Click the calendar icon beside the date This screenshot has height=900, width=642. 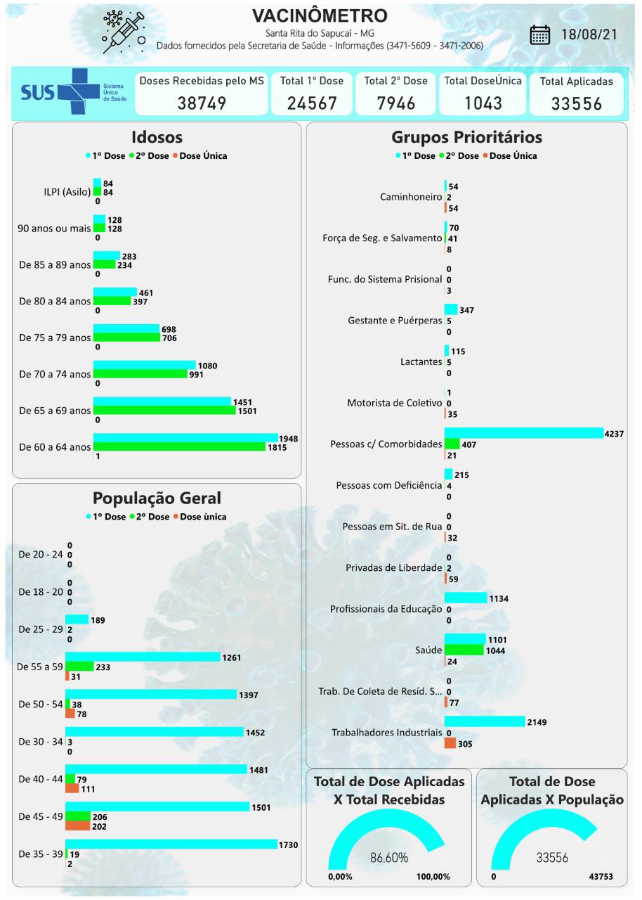539,34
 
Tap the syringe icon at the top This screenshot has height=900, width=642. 125,32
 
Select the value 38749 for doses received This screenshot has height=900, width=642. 202,103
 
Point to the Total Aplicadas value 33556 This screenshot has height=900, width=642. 577,104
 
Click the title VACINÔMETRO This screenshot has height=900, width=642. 320,15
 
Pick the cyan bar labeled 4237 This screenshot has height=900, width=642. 523,432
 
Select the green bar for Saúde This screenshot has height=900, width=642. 464,650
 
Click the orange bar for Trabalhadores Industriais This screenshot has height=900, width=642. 450,743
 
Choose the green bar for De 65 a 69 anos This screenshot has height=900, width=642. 164,410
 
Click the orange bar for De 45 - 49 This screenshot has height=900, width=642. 77,826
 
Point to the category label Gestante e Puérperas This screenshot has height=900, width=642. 395,321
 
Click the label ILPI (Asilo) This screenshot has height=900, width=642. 67,192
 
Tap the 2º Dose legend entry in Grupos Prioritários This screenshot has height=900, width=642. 459,156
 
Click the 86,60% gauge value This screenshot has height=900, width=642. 388,858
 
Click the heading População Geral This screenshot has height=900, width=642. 157,499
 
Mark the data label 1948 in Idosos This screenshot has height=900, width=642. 288,439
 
